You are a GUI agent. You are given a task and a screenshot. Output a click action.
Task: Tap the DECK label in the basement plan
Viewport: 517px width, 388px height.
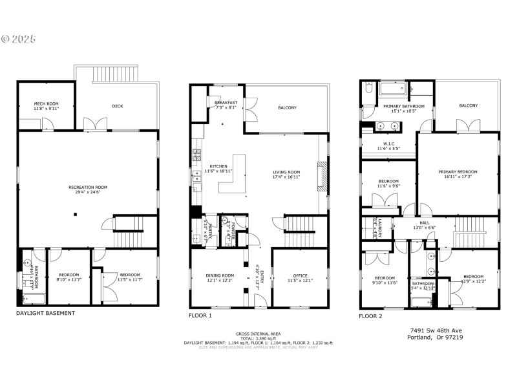point(117,106)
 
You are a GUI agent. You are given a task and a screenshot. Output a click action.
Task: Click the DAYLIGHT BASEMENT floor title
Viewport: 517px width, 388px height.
point(45,313)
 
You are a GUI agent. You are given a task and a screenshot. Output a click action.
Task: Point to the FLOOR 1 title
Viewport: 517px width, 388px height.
point(200,316)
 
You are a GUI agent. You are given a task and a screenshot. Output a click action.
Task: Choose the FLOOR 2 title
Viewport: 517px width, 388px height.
point(370,316)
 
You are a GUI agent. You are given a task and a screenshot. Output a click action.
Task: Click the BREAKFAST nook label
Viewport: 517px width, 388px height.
point(226,103)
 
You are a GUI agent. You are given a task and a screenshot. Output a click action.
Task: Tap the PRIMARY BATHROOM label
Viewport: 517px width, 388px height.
point(404,106)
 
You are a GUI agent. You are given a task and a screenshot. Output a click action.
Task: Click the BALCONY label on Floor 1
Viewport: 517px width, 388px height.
point(287,107)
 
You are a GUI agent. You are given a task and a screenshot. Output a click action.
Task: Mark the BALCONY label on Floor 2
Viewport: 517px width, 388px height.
point(469,105)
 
